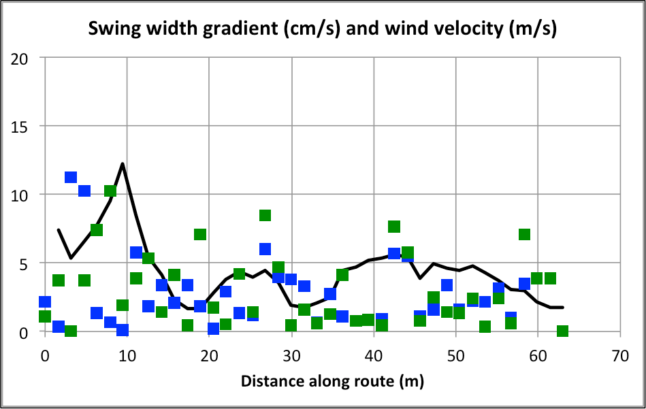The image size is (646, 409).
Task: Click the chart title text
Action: (x=323, y=29)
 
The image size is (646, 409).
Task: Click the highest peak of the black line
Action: (x=123, y=163)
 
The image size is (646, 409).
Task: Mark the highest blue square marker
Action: (x=71, y=177)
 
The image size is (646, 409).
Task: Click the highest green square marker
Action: (x=110, y=191)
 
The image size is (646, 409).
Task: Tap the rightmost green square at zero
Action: (x=562, y=331)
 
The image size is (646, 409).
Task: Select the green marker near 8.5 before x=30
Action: (x=265, y=215)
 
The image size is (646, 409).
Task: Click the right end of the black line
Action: (x=563, y=308)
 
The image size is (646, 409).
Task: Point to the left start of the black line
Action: (x=59, y=230)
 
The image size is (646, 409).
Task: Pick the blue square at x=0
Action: (x=45, y=301)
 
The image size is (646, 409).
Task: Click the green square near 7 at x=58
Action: (x=524, y=234)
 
